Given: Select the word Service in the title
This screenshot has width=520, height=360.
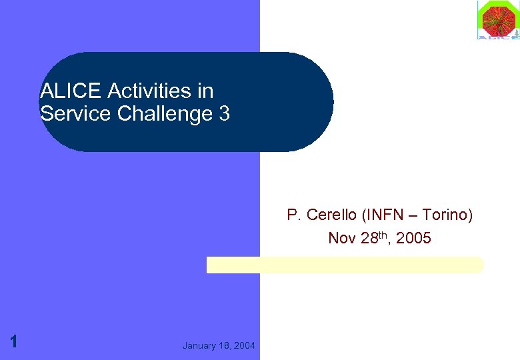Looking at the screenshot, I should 75,113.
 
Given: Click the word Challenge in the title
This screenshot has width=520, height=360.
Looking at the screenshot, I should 165,114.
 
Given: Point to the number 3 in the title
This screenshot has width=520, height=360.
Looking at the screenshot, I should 224,113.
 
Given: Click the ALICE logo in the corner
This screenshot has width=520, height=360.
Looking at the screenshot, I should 497,20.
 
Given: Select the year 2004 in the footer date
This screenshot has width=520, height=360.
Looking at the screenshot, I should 245,345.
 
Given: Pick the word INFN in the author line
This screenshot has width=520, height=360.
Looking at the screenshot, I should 384,215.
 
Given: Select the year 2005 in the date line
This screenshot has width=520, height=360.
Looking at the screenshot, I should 413,238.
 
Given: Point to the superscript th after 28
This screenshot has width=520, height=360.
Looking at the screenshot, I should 385,235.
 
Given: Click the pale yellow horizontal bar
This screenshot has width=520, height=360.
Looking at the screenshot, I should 345,265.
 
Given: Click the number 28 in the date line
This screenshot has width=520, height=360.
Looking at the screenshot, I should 369,238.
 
